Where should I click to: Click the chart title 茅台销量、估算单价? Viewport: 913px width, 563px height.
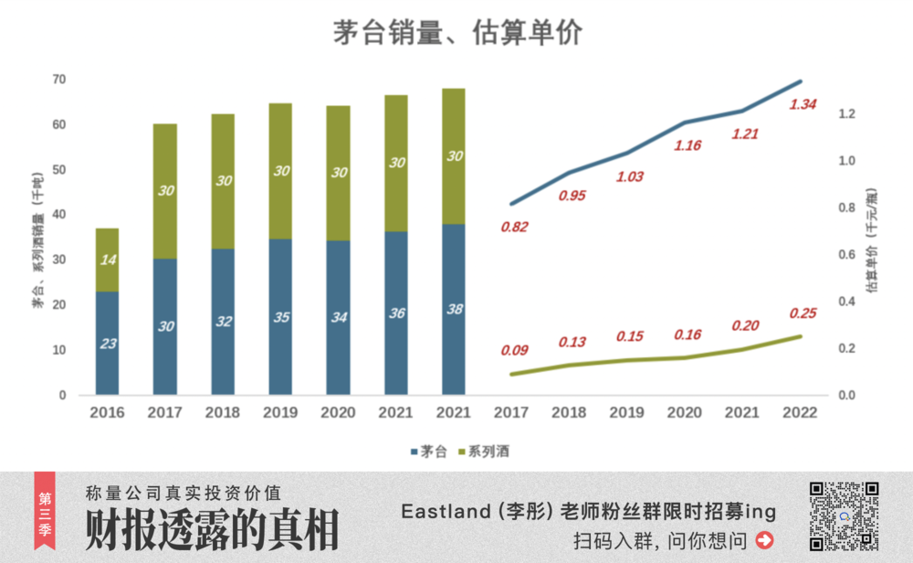[456, 33]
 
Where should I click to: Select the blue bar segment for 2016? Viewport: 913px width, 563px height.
[108, 343]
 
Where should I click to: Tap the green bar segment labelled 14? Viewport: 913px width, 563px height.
[108, 260]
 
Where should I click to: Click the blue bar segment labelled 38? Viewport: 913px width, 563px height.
[454, 309]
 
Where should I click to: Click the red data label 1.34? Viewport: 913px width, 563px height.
[803, 104]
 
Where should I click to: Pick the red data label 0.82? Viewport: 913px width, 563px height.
[514, 227]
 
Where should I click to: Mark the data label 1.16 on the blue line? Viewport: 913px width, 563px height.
[687, 145]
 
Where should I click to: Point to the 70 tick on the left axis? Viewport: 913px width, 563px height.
[59, 80]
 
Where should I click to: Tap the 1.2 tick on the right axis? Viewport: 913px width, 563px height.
[846, 114]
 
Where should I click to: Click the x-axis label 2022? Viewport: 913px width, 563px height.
[801, 413]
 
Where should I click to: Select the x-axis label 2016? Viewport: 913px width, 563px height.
[108, 413]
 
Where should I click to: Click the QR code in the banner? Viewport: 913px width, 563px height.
[844, 516]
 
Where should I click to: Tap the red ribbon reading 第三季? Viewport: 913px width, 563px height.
[44, 510]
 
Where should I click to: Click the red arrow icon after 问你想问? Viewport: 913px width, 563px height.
[764, 540]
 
